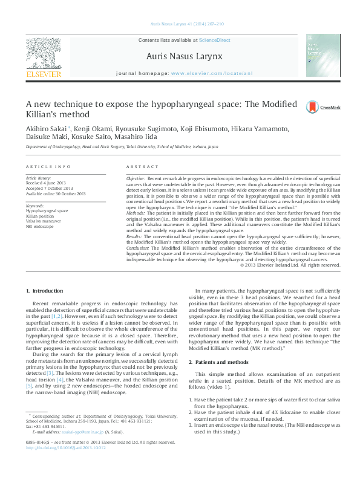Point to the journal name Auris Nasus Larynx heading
click(185, 56)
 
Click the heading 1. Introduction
click(46, 292)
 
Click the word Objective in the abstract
click(135, 180)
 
